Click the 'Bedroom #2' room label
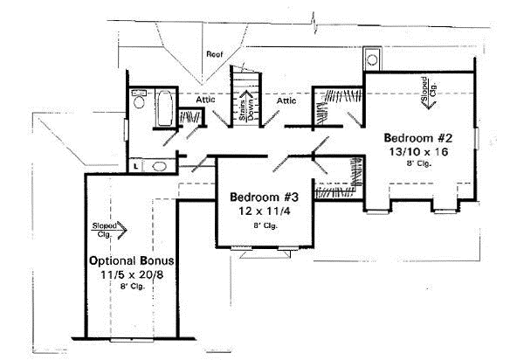tap(415, 137)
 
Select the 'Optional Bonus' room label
tap(132, 261)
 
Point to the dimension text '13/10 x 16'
tap(415, 152)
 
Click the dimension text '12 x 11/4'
tap(259, 211)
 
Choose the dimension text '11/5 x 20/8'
tap(132, 275)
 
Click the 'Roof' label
tap(214, 54)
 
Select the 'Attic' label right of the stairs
tap(287, 100)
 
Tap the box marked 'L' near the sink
tap(138, 164)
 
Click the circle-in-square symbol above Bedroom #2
tap(371, 60)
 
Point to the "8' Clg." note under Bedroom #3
tap(259, 226)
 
